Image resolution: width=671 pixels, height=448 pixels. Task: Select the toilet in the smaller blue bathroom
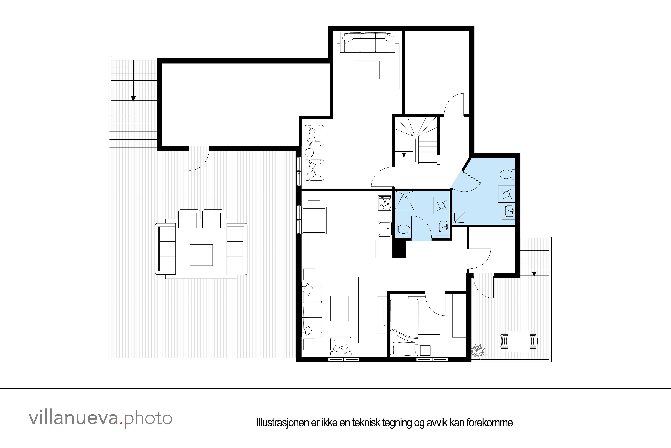pyautogui.click(x=403, y=229)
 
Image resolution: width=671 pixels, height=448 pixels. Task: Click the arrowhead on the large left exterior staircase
pyautogui.click(x=133, y=99)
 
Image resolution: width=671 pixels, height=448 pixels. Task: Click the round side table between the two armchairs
pyautogui.click(x=309, y=153)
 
